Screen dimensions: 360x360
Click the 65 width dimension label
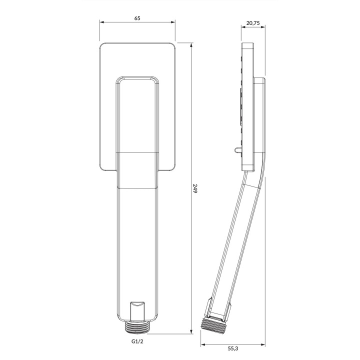[x=137, y=18]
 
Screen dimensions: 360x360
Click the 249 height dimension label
[x=195, y=188]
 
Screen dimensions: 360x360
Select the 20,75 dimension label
[x=253, y=23]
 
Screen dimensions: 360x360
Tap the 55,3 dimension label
[x=233, y=348]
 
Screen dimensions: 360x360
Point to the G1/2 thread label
[x=137, y=341]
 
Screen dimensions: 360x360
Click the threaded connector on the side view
[x=212, y=325]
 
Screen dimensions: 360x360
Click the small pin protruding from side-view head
[x=237, y=150]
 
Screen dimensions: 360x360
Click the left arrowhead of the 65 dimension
[x=102, y=22]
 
